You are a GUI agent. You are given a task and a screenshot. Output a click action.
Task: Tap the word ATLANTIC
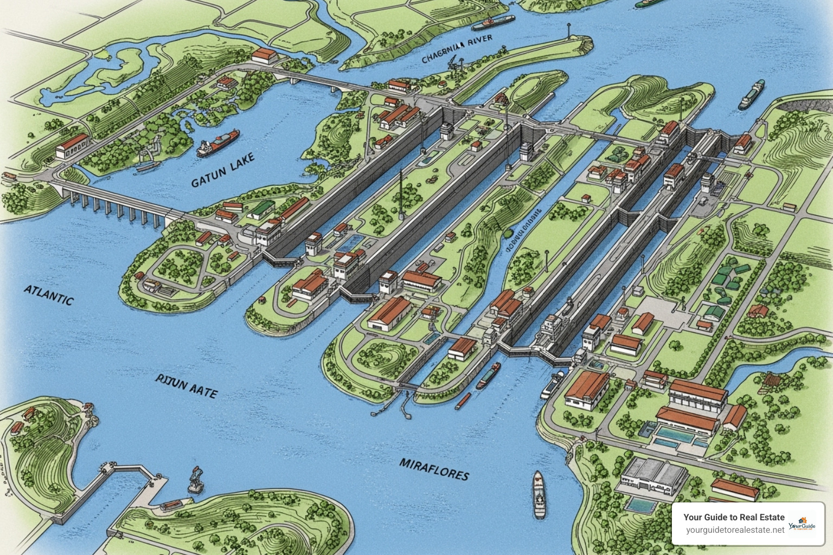48,295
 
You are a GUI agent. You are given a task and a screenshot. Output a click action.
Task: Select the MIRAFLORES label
434,469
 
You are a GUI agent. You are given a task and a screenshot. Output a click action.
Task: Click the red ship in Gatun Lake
218,142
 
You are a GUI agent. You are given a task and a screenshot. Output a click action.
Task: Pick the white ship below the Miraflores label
539,494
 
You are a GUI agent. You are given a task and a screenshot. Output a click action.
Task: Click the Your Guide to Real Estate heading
734,517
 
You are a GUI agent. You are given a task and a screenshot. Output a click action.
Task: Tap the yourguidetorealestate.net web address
735,530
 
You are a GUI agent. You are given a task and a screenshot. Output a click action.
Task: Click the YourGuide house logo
802,524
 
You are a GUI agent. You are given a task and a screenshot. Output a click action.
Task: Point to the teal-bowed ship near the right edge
752,95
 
